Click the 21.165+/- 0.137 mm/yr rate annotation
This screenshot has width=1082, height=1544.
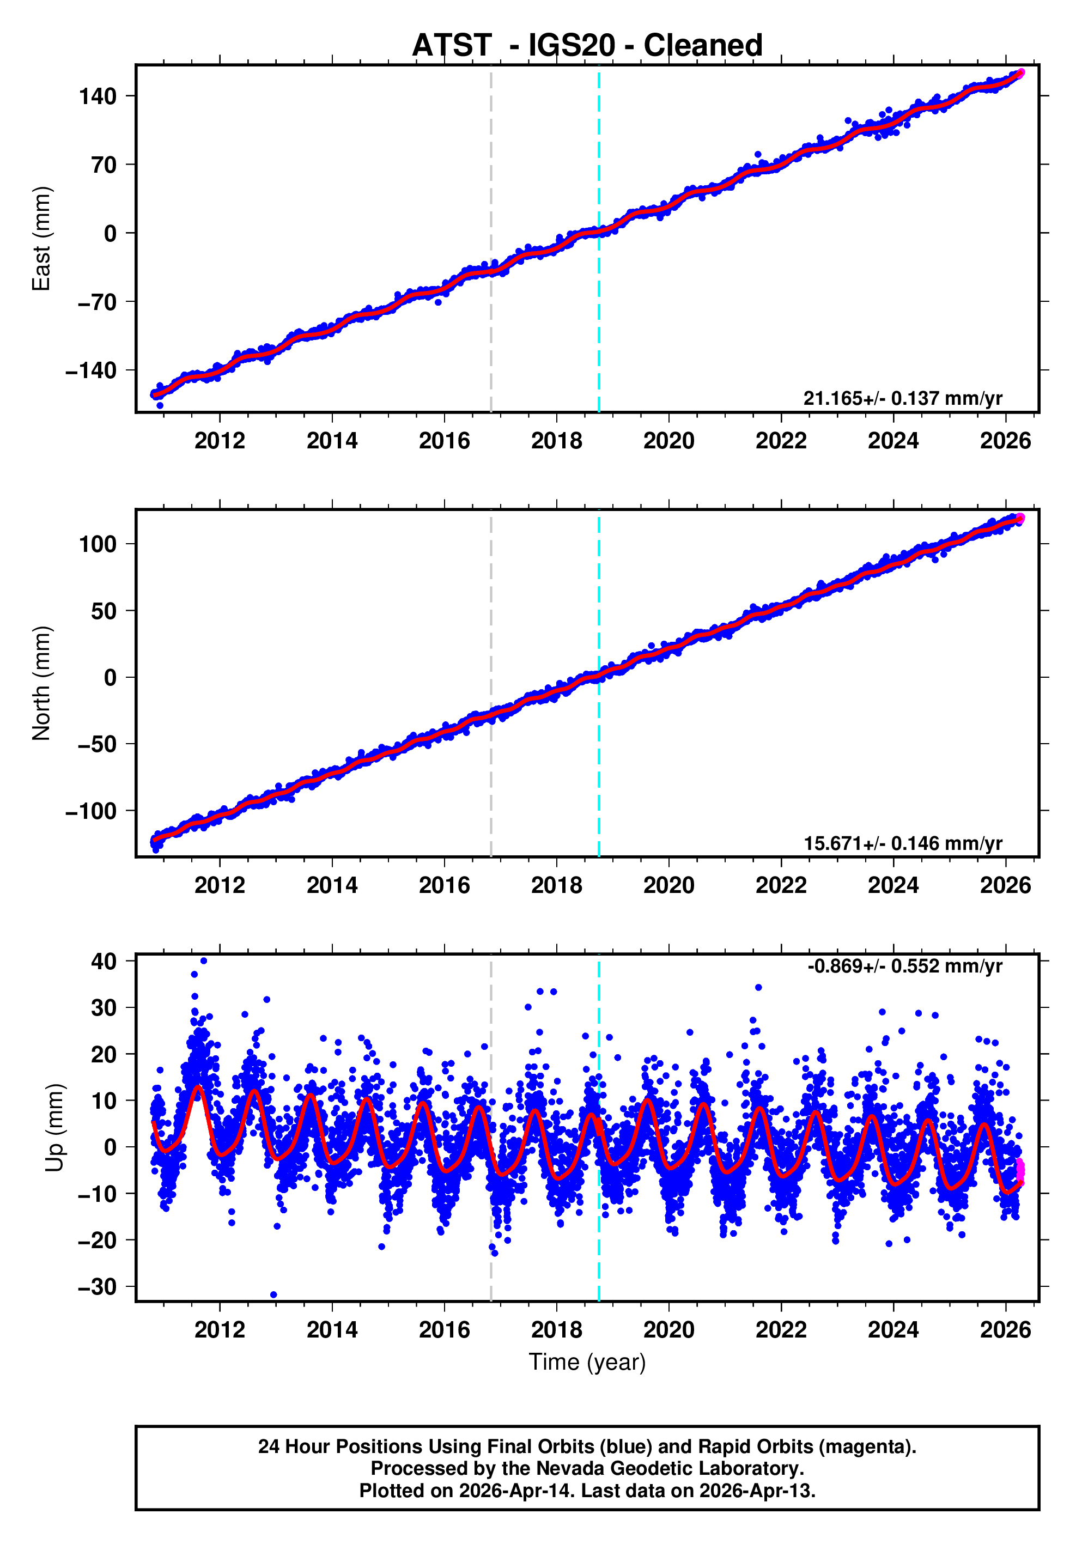[x=902, y=398]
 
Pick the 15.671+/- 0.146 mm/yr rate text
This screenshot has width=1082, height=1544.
[x=902, y=843]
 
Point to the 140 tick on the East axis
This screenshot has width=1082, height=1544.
[x=98, y=96]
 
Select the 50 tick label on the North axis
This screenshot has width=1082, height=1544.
[x=104, y=611]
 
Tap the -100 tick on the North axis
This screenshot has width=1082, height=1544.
[x=91, y=811]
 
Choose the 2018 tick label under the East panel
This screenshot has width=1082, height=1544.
[x=556, y=441]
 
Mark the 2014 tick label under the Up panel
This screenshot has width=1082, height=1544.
[x=332, y=1329]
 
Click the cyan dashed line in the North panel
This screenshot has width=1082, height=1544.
[x=599, y=740]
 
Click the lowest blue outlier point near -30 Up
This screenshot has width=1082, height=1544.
[x=273, y=1294]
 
